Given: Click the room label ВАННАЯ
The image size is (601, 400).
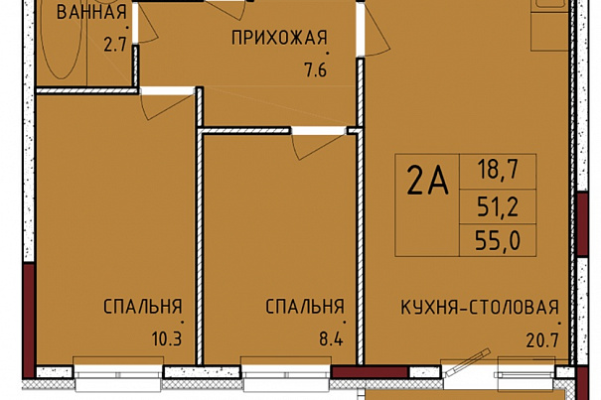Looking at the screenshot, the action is point(91,12).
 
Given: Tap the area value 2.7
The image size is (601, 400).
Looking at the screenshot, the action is point(115,46).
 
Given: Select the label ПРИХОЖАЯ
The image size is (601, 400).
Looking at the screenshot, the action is point(280,38).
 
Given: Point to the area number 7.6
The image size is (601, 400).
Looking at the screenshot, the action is point(316,70).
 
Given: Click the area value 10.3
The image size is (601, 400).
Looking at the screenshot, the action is point(166,339).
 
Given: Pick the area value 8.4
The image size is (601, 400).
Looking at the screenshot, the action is point(331,339).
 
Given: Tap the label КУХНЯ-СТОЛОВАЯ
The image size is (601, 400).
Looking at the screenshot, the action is point(480,308).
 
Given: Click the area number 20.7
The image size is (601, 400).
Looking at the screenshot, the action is point(543,340).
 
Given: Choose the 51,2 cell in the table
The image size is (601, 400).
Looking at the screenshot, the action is point(498,206).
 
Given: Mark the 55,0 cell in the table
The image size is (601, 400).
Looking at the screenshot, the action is point(498,241).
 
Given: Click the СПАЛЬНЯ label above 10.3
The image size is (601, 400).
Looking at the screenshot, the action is point(143,307).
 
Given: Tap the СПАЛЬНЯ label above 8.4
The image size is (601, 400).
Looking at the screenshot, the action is point(305,307).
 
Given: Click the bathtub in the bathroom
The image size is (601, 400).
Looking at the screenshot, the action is point(62,41).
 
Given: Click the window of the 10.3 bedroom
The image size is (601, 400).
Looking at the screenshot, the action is point(118,373).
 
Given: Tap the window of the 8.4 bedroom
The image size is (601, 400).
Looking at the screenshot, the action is point(286,373).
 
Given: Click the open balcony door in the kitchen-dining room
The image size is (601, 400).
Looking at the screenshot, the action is point(467,362).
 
